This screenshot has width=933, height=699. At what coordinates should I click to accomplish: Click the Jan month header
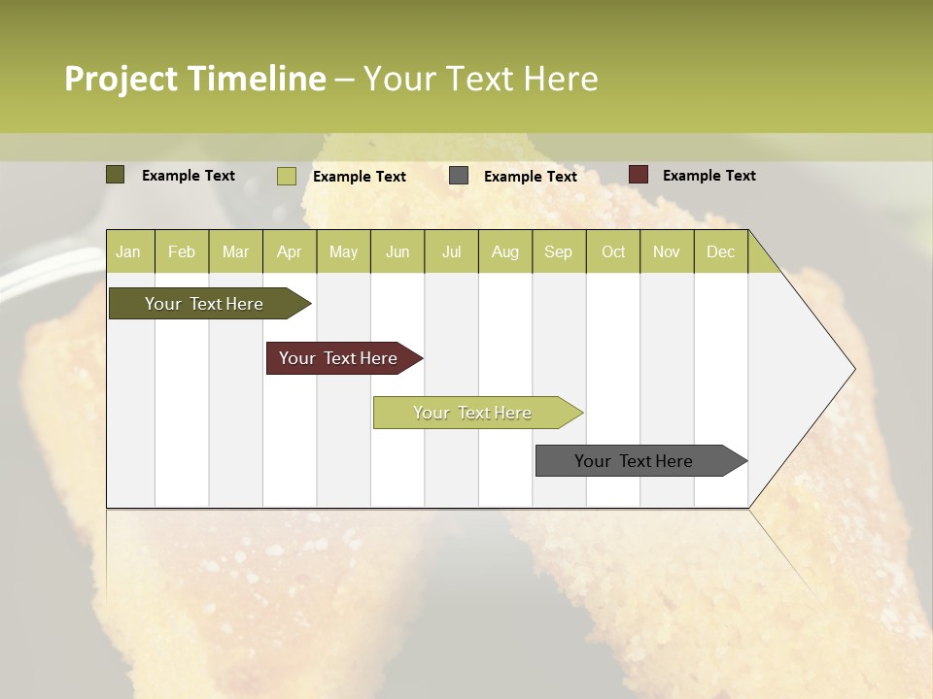click(x=129, y=251)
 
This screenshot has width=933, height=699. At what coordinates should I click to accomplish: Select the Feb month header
click(x=182, y=251)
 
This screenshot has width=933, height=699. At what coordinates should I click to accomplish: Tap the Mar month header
click(x=235, y=251)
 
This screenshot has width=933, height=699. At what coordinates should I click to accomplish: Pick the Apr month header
click(x=290, y=251)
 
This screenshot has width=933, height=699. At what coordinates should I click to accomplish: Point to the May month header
click(x=343, y=251)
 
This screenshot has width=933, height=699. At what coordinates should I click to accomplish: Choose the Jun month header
click(x=397, y=251)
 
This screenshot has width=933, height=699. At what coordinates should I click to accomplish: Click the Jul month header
click(x=451, y=251)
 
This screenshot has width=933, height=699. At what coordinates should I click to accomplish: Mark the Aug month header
click(x=505, y=251)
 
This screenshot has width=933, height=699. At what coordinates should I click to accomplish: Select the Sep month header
click(x=559, y=251)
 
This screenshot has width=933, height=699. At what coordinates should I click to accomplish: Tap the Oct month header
click(x=613, y=251)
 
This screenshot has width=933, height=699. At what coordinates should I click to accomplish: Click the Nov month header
click(x=667, y=251)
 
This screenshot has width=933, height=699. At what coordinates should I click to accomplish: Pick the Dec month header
click(x=721, y=251)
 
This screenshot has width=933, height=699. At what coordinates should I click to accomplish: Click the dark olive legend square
click(x=116, y=175)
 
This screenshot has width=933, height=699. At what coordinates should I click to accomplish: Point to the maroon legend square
click(x=639, y=175)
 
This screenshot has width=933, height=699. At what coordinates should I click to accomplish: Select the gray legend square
click(x=459, y=176)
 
